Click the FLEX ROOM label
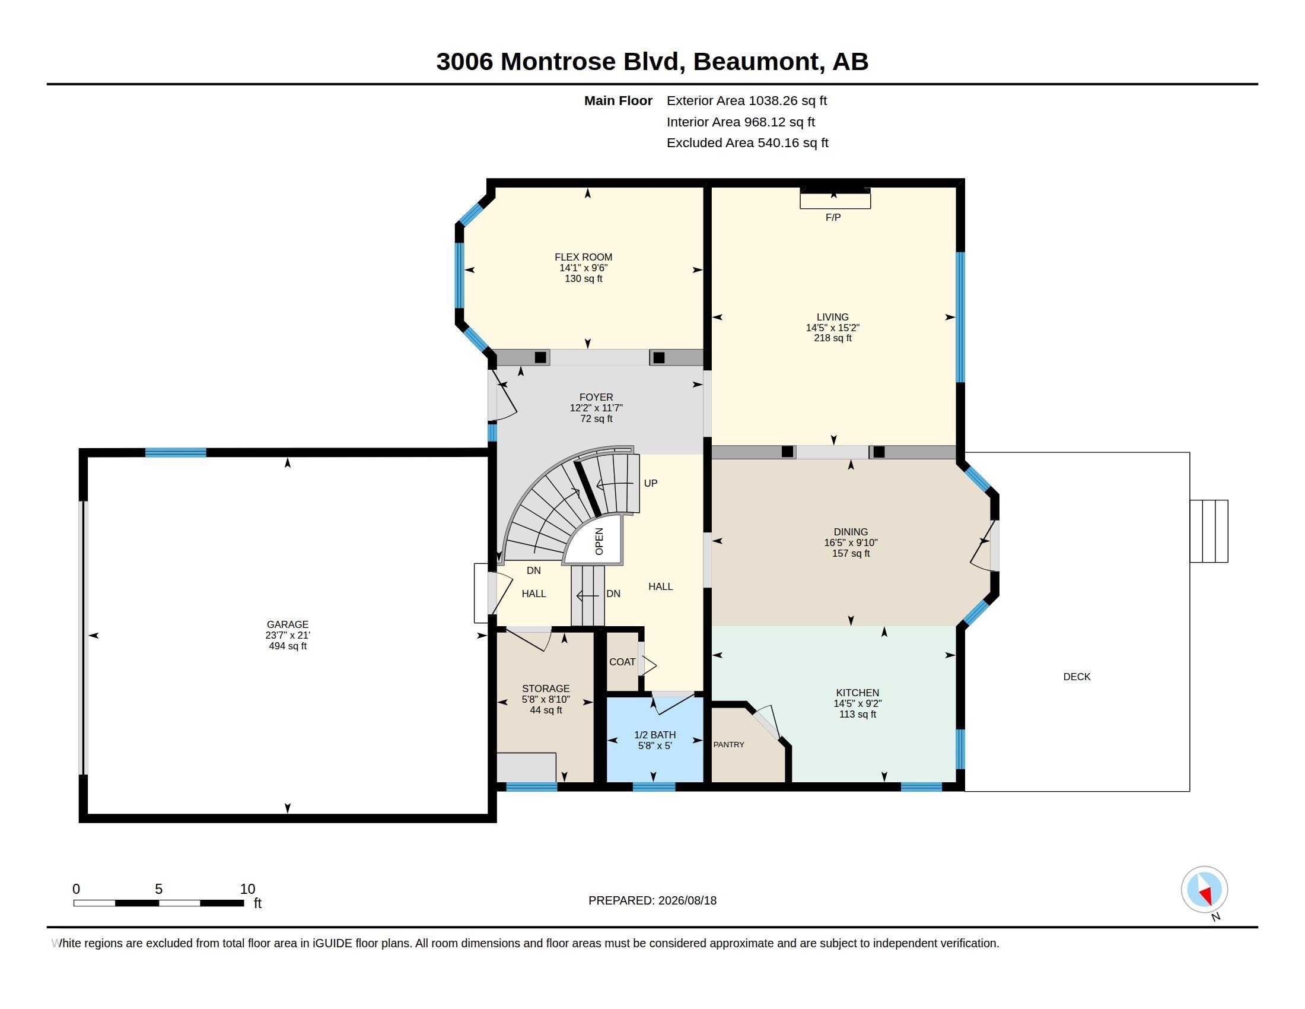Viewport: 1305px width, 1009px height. (583, 257)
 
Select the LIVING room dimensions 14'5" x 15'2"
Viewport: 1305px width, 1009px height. (832, 328)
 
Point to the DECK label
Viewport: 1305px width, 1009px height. (1077, 677)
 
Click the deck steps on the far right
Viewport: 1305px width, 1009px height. (1208, 531)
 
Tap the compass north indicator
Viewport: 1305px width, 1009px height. (1204, 890)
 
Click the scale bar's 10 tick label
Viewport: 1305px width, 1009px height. (247, 889)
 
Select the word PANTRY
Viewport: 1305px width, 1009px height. (728, 744)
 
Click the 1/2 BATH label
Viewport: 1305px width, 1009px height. (655, 735)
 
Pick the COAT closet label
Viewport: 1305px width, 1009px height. (622, 662)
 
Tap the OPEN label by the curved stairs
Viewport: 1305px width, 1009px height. (599, 541)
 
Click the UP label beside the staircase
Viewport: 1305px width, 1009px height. (650, 483)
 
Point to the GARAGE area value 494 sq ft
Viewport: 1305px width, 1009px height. (288, 646)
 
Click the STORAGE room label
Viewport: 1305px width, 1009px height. (546, 688)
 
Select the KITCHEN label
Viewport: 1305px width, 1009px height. (858, 693)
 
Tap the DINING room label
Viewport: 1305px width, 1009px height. (850, 532)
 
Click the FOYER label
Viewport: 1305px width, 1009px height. (596, 397)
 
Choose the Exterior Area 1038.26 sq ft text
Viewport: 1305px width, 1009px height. (746, 100)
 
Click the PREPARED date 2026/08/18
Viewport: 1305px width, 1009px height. (687, 900)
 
